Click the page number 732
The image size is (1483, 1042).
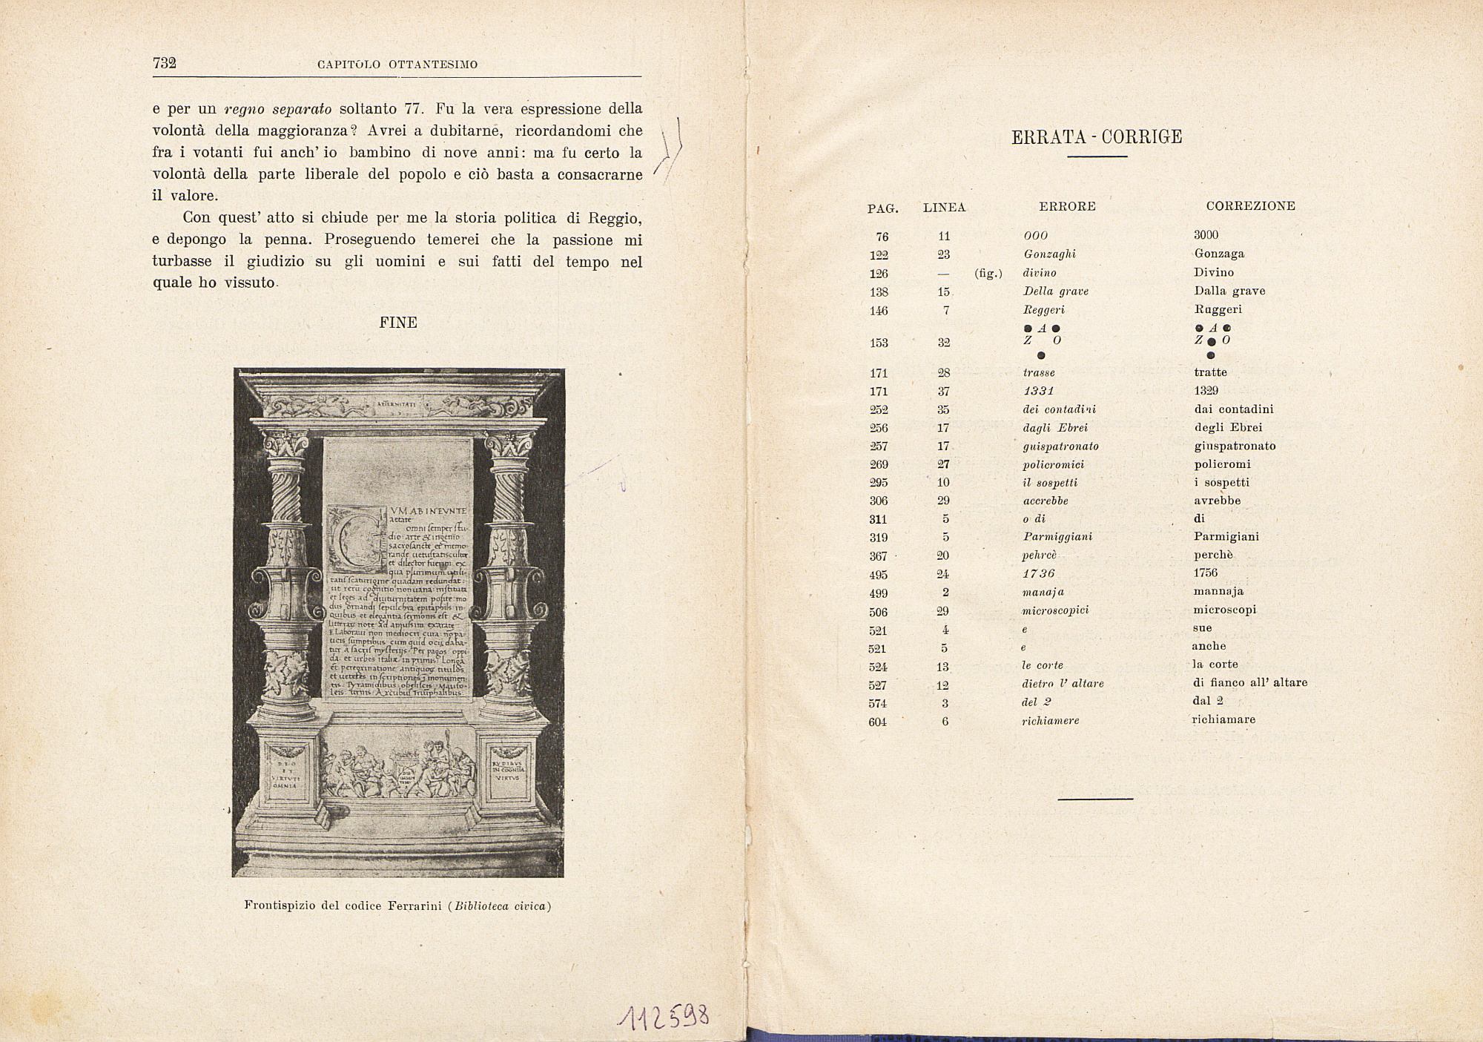(x=164, y=63)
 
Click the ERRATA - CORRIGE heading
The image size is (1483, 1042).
(x=1097, y=137)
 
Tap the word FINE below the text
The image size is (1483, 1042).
(x=398, y=323)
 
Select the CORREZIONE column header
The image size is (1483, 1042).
(x=1250, y=206)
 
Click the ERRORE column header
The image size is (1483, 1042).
(x=1067, y=207)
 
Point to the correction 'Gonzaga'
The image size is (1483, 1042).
(x=1219, y=254)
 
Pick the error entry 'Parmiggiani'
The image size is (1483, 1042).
(x=1057, y=537)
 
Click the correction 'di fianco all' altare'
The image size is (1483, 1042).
(x=1250, y=682)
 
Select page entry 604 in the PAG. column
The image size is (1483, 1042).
(x=877, y=722)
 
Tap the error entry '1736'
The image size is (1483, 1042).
(x=1038, y=573)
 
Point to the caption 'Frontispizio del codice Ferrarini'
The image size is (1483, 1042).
(x=397, y=906)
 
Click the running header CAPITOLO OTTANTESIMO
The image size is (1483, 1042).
(x=397, y=65)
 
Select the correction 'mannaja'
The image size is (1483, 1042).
(x=1218, y=592)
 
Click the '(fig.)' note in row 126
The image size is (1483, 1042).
(x=988, y=274)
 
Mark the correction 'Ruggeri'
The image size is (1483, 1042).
(x=1218, y=309)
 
